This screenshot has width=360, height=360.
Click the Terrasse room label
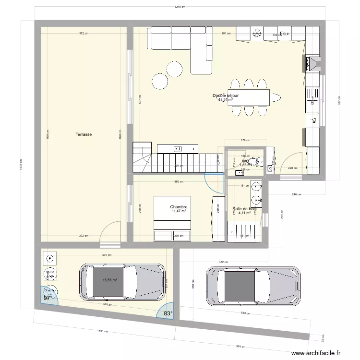pos(84,135)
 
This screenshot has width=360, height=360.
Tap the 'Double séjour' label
pos(226,96)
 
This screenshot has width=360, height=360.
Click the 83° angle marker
pos(168,313)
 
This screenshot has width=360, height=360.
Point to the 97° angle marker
pos(48,298)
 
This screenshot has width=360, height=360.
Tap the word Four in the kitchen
pos(285,34)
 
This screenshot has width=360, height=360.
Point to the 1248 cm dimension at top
pos(180,7)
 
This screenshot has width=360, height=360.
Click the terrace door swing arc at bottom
pos(112,230)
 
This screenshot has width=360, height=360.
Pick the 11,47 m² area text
pos(179,211)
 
